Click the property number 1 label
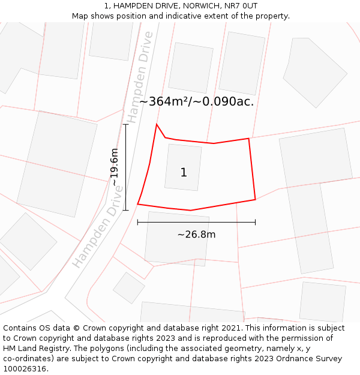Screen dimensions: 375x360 click(184, 173)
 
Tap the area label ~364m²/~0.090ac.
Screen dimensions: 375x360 click(196, 101)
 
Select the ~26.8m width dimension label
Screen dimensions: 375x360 click(196, 235)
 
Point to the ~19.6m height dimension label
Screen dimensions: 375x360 click(114, 167)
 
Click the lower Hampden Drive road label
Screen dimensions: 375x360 click(98, 227)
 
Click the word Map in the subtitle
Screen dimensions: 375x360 click(81, 16)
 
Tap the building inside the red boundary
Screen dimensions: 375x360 click(183, 167)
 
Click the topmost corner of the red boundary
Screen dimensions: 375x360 click(157, 124)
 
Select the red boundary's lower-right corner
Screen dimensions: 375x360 click(255, 199)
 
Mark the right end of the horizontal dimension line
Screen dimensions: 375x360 click(255, 222)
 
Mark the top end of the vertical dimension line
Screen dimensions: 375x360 click(125, 124)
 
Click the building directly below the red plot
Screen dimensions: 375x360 click(176, 238)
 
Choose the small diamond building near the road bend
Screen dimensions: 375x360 click(129, 287)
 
